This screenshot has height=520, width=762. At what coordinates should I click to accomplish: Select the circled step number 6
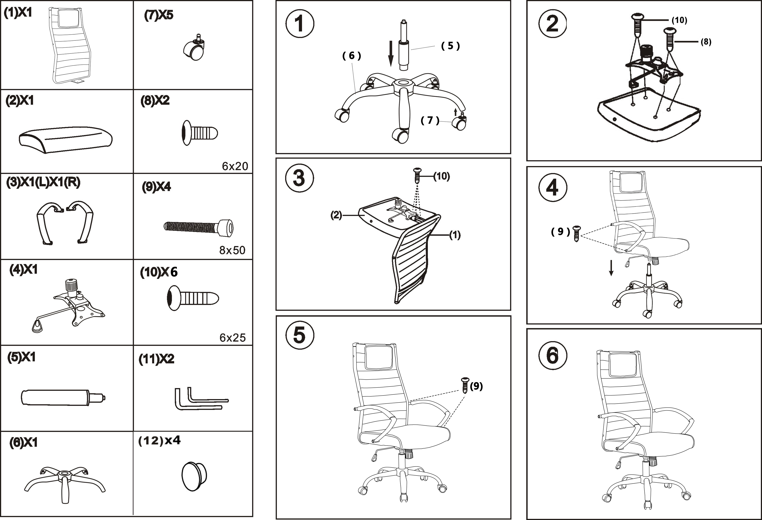tap(553, 356)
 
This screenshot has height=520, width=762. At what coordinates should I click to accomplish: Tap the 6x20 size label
tap(235, 166)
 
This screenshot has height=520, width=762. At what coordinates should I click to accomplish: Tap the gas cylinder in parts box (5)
tap(62, 397)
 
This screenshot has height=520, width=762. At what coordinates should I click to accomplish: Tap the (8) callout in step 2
tap(706, 42)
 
